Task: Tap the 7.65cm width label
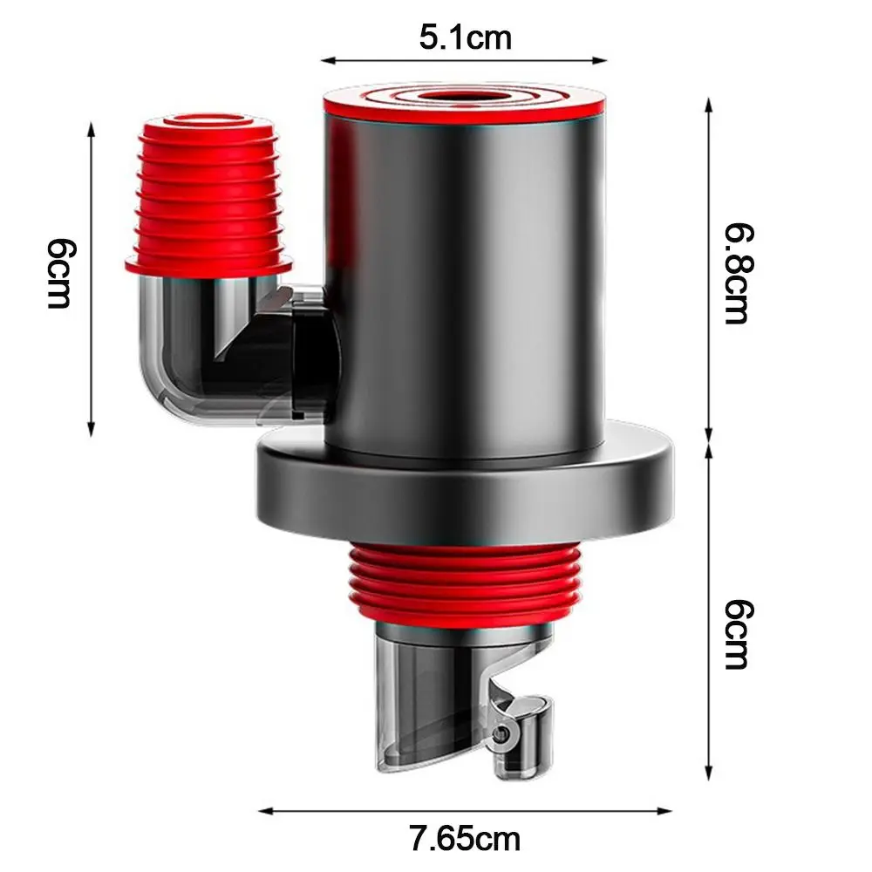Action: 465,839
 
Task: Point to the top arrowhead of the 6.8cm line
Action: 709,103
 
